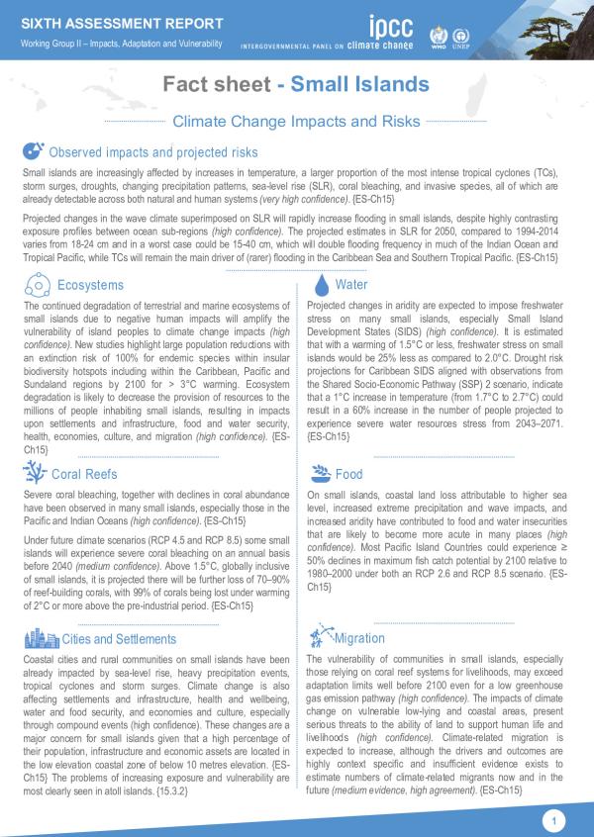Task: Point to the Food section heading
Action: pos(349,475)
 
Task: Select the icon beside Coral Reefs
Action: pos(36,473)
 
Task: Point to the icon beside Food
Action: pos(320,474)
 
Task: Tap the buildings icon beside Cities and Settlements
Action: pos(36,639)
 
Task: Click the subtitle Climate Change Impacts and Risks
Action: pos(297,121)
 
